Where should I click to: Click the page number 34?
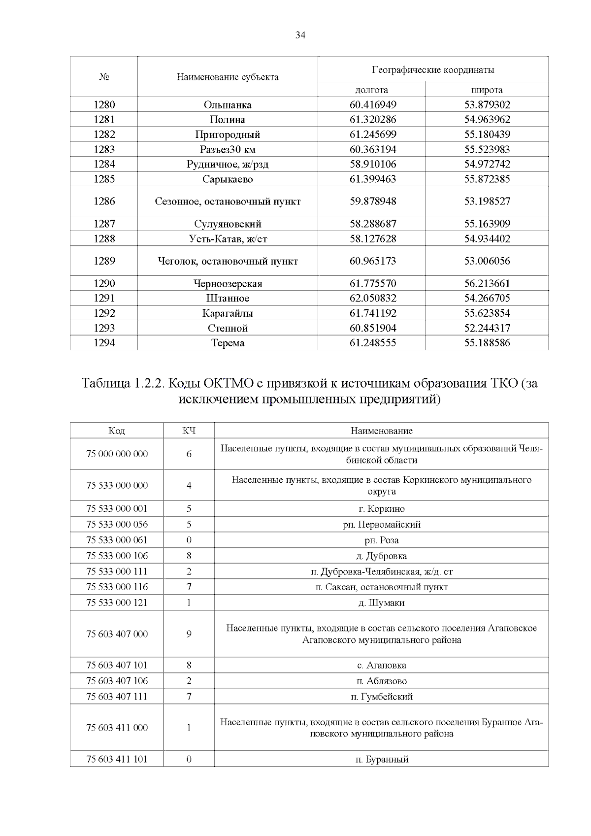300,35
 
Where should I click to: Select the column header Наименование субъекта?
227,77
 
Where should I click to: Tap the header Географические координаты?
432,69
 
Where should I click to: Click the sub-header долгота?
371,90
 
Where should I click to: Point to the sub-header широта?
487,90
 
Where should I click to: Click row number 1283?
104,149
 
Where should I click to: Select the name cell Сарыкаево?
227,179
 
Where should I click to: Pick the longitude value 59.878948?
372,201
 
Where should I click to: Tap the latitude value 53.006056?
487,261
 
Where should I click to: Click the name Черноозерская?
227,283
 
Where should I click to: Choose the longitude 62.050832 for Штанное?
372,298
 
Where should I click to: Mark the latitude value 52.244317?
487,328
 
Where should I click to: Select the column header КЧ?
189,431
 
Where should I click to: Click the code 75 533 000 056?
117,524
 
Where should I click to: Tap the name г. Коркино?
381,509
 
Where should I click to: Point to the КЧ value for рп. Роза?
189,540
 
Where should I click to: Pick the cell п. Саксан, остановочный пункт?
381,587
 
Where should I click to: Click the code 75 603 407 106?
117,681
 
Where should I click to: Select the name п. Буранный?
381,759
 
